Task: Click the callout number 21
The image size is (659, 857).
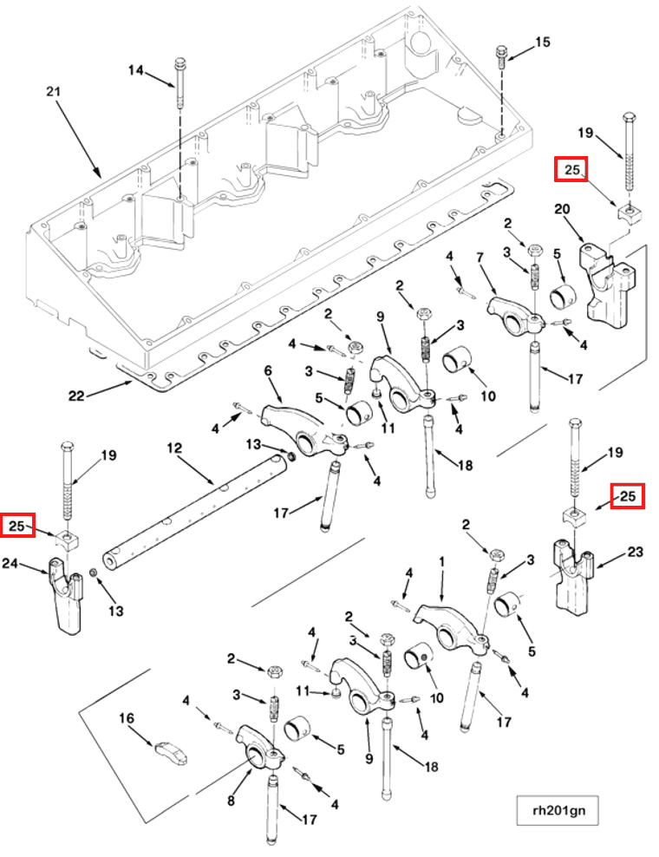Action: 53,92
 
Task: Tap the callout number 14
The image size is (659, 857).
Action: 136,70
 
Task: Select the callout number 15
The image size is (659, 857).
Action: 542,43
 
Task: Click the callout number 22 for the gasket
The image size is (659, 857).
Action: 76,396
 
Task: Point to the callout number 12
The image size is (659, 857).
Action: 173,448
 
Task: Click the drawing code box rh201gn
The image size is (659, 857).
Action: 558,810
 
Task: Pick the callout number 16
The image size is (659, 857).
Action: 127,718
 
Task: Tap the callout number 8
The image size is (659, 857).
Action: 232,801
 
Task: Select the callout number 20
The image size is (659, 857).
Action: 562,209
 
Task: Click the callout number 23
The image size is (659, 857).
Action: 635,552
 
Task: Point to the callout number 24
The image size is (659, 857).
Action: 10,562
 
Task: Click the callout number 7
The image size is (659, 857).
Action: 480,257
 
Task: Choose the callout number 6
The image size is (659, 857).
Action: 268,370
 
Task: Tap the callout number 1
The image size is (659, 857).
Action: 442,562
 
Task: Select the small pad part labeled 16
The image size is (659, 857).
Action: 172,752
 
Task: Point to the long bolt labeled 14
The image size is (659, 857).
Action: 179,82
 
